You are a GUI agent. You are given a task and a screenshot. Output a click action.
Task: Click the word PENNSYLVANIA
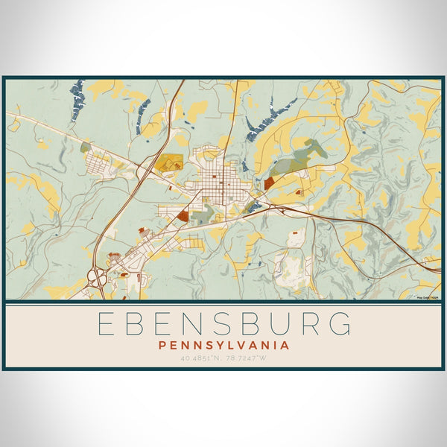[223, 346]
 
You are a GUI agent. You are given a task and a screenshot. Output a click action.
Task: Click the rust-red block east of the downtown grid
[269, 183]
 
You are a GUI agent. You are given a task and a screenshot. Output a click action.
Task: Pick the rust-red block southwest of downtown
[183, 217]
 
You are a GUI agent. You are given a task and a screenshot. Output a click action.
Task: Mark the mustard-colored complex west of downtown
[171, 162]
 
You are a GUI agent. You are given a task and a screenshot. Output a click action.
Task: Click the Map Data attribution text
[428, 297]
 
